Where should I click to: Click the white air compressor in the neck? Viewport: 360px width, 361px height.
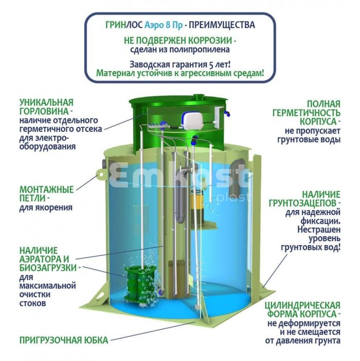click(192, 120)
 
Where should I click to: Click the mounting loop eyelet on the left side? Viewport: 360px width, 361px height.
click(101, 175)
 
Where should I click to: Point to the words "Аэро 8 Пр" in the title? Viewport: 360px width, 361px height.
click(164, 25)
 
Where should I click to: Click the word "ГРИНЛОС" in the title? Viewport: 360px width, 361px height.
click(124, 25)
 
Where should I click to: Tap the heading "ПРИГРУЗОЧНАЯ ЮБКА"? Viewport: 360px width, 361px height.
click(64, 340)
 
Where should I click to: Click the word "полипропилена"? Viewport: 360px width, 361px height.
click(203, 50)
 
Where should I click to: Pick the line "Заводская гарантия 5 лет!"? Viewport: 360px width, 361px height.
click(180, 64)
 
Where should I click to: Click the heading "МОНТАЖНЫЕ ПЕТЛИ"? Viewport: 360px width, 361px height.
click(46, 194)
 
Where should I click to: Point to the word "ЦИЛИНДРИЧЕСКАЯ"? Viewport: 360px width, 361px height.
click(302, 305)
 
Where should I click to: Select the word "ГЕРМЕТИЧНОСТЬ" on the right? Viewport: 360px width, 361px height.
click(306, 113)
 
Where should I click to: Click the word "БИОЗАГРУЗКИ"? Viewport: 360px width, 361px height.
click(48, 268)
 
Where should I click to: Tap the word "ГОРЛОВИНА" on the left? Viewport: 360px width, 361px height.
click(44, 111)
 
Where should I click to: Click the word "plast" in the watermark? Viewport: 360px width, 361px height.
click(233, 197)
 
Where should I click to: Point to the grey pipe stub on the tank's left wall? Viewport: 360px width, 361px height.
click(104, 163)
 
